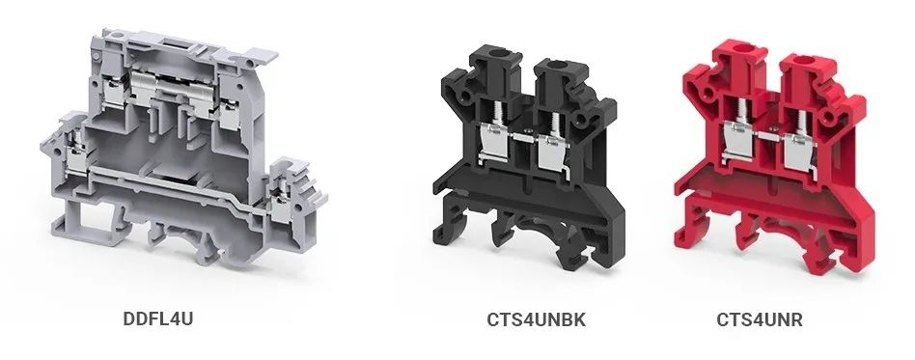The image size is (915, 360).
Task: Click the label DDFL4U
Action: coord(157,318)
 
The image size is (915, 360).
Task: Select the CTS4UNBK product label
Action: coord(537,319)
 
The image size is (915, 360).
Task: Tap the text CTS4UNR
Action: coord(760,319)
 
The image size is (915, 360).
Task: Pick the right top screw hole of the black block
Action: coord(558,65)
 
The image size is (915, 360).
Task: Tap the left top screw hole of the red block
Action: coord(740,49)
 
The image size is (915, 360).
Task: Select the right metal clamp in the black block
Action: coord(551,152)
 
